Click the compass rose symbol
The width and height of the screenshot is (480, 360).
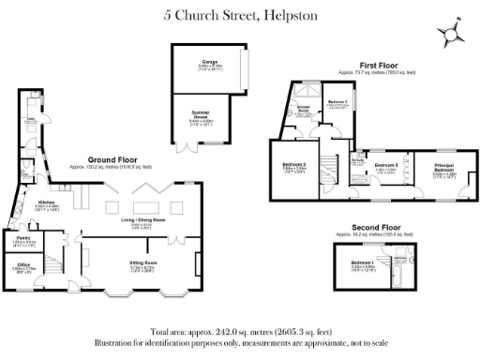[x=451, y=34]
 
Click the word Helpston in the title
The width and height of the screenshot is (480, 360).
[x=291, y=15]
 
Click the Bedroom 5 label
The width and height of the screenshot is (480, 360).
[x=385, y=165]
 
